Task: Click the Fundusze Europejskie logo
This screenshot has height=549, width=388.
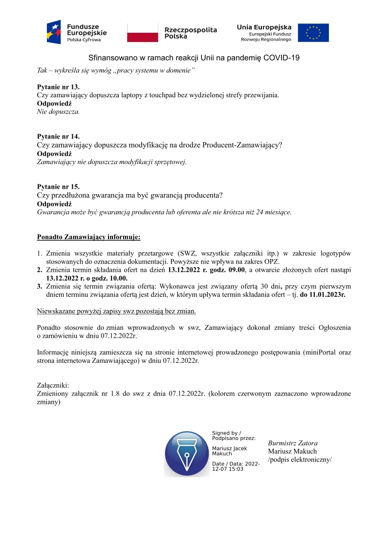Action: (77, 32)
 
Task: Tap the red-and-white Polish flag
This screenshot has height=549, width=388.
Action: (143, 33)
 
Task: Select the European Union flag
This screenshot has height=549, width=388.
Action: (313, 33)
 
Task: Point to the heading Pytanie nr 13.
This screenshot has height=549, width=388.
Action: (58, 87)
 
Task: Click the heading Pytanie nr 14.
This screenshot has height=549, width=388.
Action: (58, 136)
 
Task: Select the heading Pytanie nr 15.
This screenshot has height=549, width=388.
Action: (58, 187)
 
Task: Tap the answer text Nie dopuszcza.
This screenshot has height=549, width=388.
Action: (59, 111)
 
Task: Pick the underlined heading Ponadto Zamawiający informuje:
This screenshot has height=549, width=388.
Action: (88, 238)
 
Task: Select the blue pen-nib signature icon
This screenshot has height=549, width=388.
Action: (187, 454)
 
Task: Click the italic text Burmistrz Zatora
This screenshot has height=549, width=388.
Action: (293, 443)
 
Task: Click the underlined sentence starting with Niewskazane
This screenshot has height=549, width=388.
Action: (117, 311)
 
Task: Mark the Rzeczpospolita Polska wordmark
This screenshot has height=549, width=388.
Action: (191, 33)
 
